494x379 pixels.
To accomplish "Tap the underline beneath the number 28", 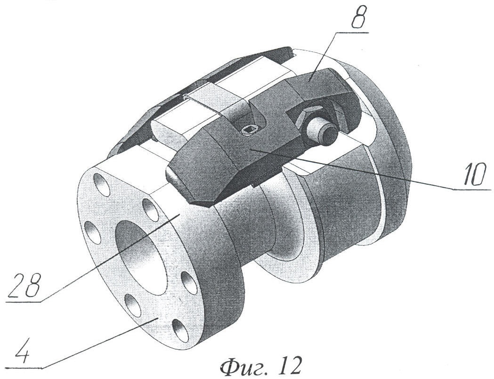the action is click(x=23, y=302).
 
